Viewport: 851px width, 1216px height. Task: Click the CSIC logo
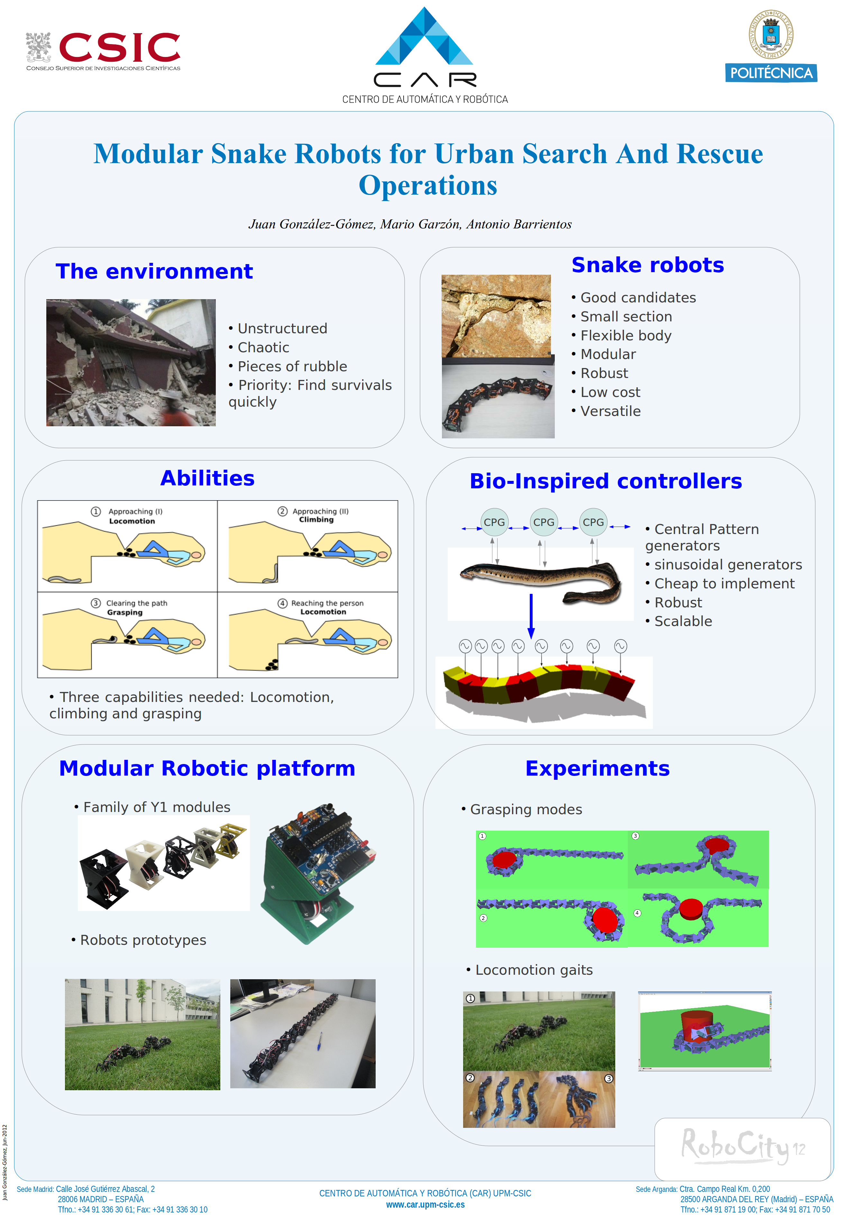(x=103, y=50)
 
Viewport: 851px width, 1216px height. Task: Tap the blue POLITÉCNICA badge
(x=771, y=73)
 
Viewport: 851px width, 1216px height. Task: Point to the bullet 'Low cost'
(x=610, y=392)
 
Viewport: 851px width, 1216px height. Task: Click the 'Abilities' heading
(x=207, y=478)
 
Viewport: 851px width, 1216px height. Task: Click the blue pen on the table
(x=319, y=1041)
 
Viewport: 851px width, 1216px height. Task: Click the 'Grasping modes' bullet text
(x=526, y=809)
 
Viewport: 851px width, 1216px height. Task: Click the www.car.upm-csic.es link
(x=425, y=1205)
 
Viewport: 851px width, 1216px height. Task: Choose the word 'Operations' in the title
(x=428, y=185)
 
